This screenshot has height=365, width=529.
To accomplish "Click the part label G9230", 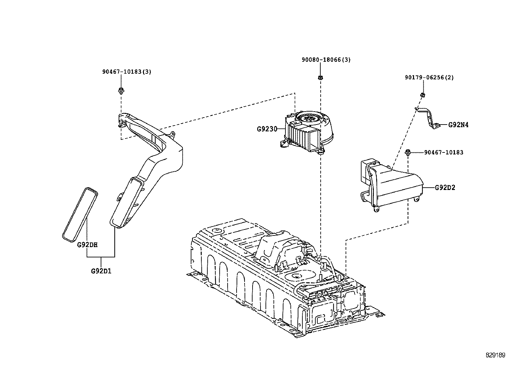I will pos(266,129).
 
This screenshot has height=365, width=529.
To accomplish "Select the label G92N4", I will pos(458,125).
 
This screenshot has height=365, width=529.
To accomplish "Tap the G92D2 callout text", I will pos(445,187).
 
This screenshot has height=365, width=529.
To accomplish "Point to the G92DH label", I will pos(87,245).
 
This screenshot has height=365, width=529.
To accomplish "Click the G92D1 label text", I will pos(101,271).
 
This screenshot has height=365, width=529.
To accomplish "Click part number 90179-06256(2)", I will pos(429,77).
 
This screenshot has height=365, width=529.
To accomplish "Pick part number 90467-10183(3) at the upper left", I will pos(126,71).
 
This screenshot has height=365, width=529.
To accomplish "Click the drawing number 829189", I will pos(495,355).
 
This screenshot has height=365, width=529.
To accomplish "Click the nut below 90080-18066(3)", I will pos(320,78).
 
